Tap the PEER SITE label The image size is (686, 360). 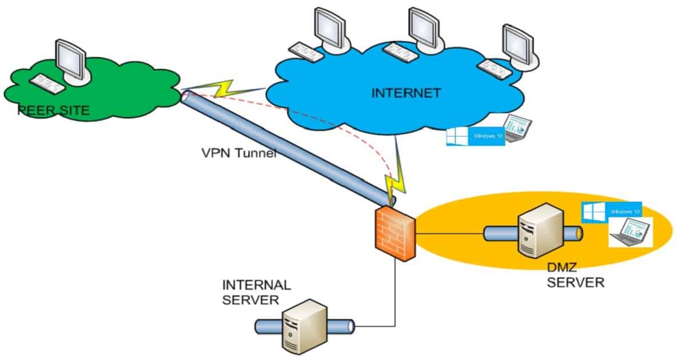[54, 110]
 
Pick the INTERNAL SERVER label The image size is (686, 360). [256, 291]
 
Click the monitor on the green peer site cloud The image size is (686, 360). [71, 61]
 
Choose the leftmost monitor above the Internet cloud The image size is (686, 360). [330, 29]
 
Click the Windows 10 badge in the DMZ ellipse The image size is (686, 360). [611, 211]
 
